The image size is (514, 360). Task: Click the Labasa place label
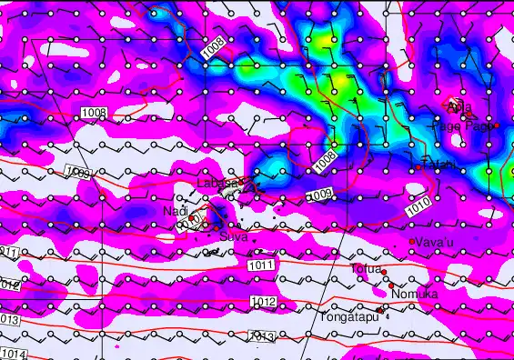tap(217, 183)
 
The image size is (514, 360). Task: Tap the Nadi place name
tap(175, 211)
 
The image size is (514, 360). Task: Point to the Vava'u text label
tap(436, 242)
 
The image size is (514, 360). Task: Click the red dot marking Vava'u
tap(412, 241)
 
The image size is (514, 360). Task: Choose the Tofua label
tap(367, 268)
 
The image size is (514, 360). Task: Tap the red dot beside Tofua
tap(384, 272)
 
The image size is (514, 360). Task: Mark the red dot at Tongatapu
tap(380, 309)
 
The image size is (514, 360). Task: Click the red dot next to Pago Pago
tap(496, 125)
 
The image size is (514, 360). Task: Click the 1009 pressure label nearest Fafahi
tap(319, 195)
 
